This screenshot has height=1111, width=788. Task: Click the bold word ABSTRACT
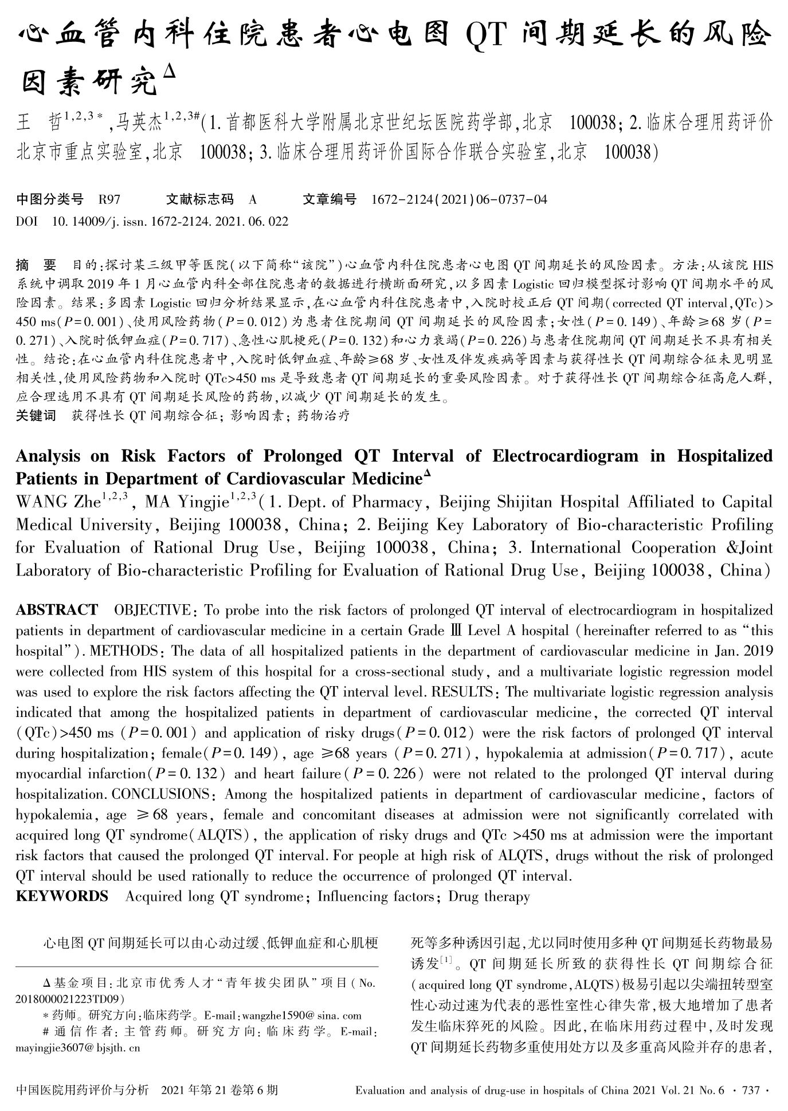57,610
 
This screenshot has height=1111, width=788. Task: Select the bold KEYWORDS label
62,896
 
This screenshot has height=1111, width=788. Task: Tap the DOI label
26,221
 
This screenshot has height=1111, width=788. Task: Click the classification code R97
109,199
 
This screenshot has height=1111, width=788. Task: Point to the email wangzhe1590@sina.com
302,1016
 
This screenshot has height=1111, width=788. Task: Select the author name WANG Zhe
59,502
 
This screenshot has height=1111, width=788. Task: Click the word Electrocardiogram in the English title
564,456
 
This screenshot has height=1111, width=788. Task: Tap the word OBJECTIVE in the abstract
152,610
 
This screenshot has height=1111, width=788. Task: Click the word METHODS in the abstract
123,651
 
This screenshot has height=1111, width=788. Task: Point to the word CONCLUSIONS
160,795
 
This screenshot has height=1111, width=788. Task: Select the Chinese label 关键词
36,415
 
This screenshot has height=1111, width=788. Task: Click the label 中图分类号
50,199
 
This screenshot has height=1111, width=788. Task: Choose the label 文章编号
330,199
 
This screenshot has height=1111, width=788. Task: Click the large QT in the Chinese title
486,36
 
